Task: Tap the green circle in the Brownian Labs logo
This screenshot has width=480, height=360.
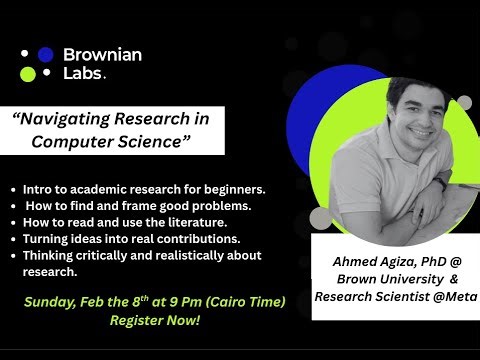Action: (28, 74)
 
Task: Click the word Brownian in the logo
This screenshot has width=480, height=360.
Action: (102, 55)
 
